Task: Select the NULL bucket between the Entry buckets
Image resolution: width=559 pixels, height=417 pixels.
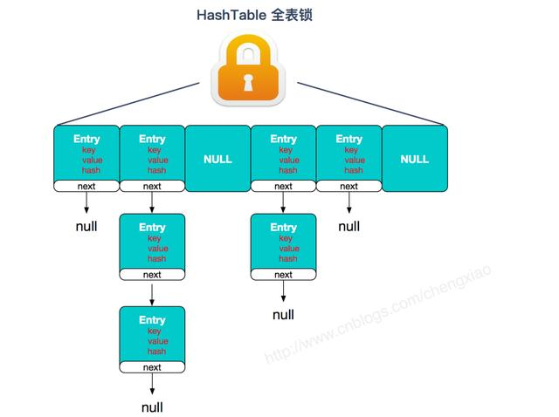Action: tap(217, 159)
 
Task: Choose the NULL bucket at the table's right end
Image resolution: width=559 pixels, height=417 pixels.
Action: tap(414, 159)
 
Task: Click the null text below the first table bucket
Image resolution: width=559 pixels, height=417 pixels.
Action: tap(86, 227)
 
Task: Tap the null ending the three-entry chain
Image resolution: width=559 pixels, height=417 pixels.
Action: tap(152, 407)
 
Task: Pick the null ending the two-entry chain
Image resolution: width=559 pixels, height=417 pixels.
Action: tap(283, 315)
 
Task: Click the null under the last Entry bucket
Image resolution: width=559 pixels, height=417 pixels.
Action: tap(349, 227)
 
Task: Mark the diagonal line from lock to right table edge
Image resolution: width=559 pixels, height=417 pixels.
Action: tap(371, 104)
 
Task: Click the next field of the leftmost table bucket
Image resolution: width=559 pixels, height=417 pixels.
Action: tap(86, 186)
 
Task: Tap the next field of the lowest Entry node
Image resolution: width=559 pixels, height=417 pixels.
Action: tap(152, 367)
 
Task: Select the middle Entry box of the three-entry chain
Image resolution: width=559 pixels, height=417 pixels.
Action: tap(152, 243)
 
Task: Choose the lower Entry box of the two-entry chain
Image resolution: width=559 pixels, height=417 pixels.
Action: tap(283, 243)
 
